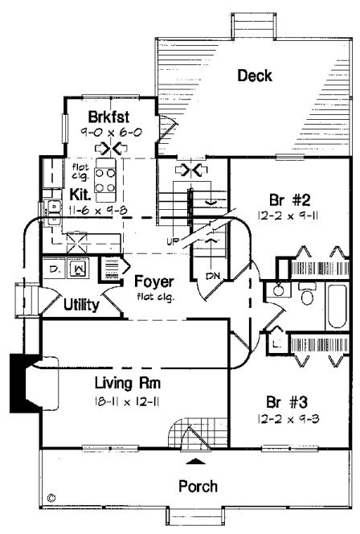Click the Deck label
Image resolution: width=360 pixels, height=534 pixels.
255,76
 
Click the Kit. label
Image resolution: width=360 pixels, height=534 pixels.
80,194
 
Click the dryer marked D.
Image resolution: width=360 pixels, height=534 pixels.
54,269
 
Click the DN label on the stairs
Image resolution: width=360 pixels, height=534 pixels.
211,276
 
